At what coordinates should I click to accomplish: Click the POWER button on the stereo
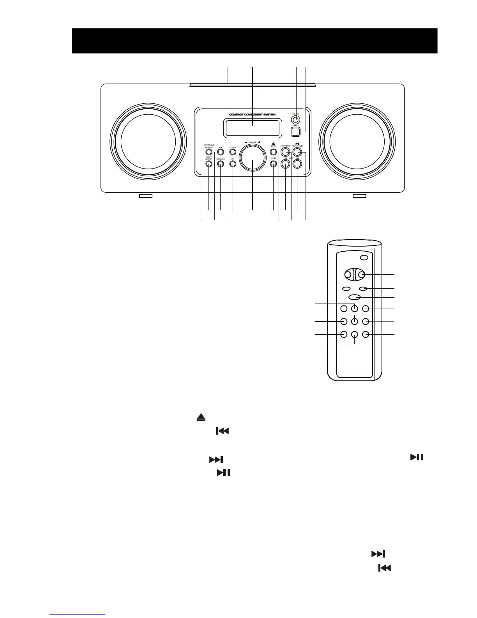pyautogui.click(x=296, y=132)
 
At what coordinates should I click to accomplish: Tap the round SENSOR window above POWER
pyautogui.click(x=296, y=119)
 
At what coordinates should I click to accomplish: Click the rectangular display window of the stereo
pyautogui.click(x=252, y=128)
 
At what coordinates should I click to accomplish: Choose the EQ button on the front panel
pyautogui.click(x=220, y=152)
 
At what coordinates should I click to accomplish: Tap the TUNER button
pyautogui.click(x=233, y=152)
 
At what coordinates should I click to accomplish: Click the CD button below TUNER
pyautogui.click(x=233, y=164)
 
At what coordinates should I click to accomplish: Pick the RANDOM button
pyautogui.click(x=220, y=164)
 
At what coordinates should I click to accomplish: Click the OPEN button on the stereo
pyautogui.click(x=273, y=152)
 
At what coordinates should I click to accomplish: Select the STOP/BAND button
pyautogui.click(x=286, y=152)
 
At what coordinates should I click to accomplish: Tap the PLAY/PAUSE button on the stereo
pyautogui.click(x=298, y=152)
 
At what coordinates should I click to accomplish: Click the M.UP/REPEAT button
pyautogui.click(x=208, y=164)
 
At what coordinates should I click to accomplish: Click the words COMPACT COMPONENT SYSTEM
pyautogui.click(x=252, y=115)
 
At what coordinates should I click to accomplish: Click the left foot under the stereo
pyautogui.click(x=146, y=195)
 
